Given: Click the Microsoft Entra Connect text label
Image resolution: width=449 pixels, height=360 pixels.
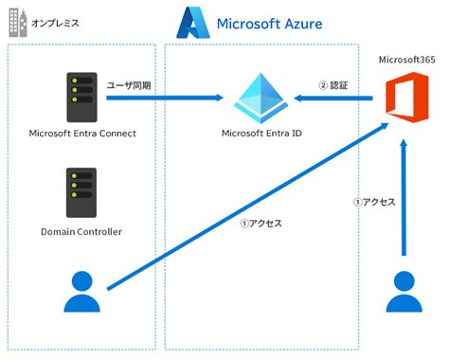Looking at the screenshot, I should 83,133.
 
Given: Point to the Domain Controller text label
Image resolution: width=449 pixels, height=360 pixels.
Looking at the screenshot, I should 82,231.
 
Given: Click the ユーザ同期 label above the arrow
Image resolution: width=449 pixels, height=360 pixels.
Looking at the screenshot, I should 129,84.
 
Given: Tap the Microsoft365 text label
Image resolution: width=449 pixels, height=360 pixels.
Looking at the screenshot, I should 405,60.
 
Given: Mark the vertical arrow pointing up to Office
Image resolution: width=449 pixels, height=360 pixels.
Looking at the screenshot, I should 406,199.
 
